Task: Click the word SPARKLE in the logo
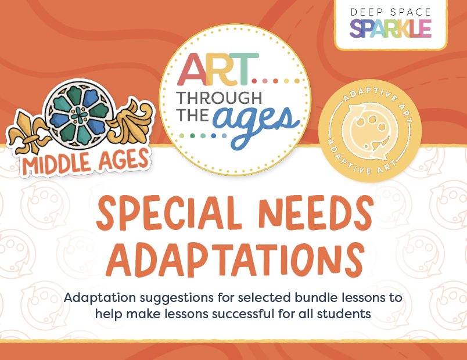[390, 28]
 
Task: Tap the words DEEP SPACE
[391, 12]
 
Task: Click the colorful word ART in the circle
[218, 69]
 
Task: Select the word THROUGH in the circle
[219, 98]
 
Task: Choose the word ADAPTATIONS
[235, 259]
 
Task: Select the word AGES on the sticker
[123, 159]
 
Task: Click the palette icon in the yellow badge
[370, 131]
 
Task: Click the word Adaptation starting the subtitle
[100, 298]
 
